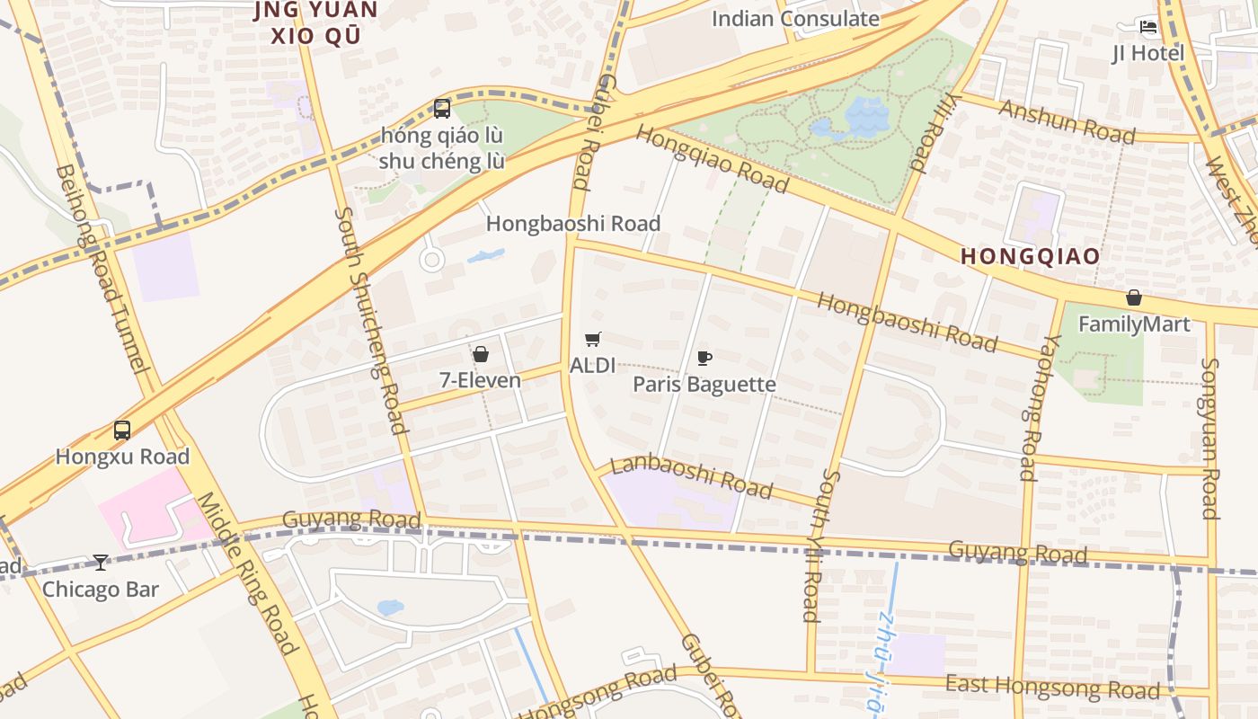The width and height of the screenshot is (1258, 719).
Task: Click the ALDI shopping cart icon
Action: coord(592,339)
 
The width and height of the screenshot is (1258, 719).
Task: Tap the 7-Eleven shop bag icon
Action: coord(481,354)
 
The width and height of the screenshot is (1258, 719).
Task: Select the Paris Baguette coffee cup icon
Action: coord(704,358)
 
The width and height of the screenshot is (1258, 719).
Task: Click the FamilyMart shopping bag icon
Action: coord(1134,297)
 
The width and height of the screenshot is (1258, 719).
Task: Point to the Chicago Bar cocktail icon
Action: coord(101,563)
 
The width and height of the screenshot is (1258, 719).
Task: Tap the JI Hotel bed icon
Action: coord(1148,26)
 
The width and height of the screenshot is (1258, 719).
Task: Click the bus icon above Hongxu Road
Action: coord(122,431)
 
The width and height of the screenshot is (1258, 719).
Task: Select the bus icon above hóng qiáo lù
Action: coord(441,109)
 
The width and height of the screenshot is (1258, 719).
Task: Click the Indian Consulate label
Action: coord(795,18)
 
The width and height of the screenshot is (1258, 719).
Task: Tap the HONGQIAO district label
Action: coord(1031,256)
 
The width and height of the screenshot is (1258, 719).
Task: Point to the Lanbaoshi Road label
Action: coord(691,476)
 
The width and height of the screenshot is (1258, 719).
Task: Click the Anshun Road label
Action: coord(1067,121)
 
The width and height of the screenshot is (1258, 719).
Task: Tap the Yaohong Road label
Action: coord(1029,407)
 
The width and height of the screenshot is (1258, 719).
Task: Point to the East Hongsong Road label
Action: coord(1052,688)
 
